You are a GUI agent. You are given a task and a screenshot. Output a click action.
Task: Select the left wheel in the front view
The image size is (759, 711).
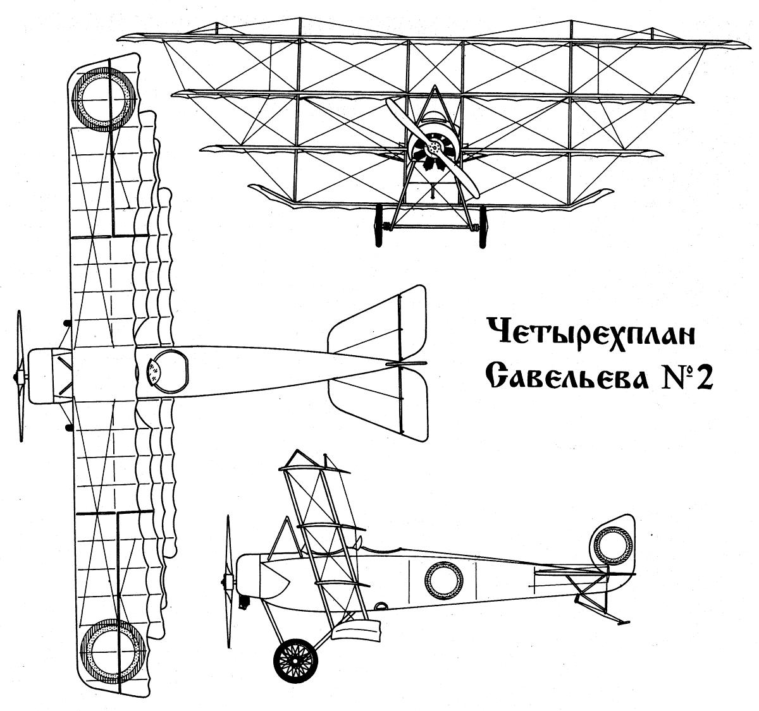pyautogui.click(x=379, y=226)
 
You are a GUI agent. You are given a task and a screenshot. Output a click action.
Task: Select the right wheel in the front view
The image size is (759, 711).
pyautogui.click(x=483, y=226)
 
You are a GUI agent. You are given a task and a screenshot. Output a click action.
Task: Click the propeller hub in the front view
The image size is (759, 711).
pyautogui.click(x=433, y=148)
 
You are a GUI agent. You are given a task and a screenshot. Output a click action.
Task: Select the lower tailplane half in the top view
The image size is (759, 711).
pyautogui.click(x=378, y=406)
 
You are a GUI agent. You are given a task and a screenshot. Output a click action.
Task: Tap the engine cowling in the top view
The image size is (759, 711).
pyautogui.click(x=40, y=375)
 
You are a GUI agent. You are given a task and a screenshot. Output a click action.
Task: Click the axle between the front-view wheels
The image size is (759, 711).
pyautogui.click(x=431, y=228)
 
